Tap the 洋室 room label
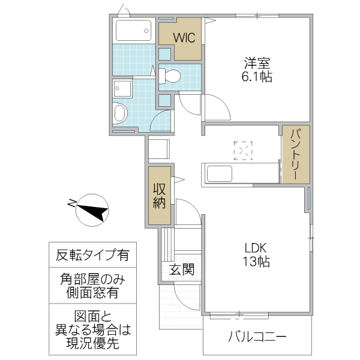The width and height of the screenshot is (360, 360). pos(257,62)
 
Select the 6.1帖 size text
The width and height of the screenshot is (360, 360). pos(257,77)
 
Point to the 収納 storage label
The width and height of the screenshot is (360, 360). pos(159,196)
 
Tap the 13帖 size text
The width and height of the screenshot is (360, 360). pos(256,262)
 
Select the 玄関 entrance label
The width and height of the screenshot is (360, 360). pos(181,269)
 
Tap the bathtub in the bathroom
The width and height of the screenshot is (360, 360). pos(133,30)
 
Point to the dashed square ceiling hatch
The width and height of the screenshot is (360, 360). pos(244,151)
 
